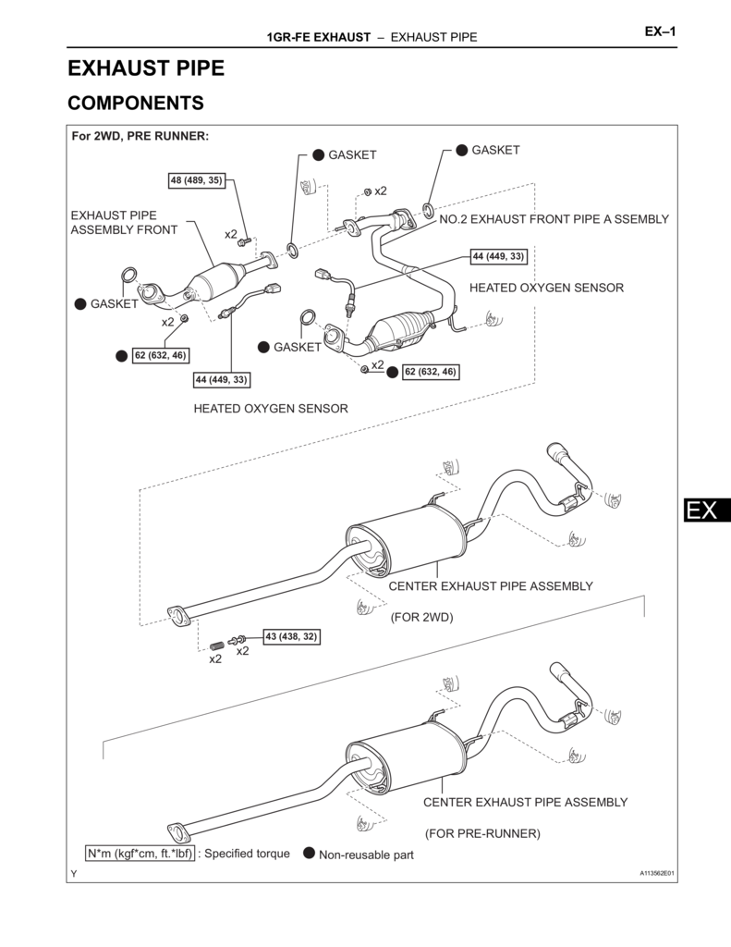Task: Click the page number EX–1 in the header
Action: [660, 33]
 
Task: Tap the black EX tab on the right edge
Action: [707, 510]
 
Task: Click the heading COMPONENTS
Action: [135, 103]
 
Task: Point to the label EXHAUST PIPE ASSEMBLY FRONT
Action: [124, 222]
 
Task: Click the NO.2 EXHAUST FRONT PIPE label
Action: [553, 219]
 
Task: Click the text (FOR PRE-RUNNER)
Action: [482, 833]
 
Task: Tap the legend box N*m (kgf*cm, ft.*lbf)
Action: [140, 854]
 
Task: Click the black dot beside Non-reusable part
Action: [309, 854]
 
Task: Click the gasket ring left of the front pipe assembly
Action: [129, 275]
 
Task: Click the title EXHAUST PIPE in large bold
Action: [146, 68]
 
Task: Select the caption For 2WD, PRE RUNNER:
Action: [140, 136]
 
